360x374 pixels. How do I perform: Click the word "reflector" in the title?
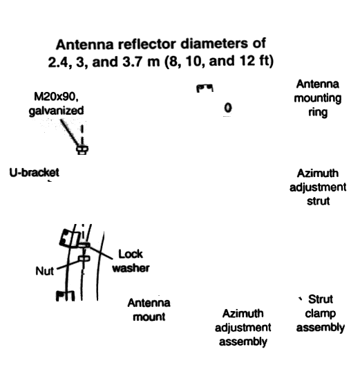(x=146, y=44)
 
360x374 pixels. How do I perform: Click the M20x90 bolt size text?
(x=56, y=97)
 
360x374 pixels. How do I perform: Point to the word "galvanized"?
(x=56, y=111)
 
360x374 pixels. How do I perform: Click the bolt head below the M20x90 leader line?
(x=82, y=150)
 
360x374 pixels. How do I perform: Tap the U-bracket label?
(x=34, y=173)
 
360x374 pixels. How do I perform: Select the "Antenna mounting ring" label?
(x=318, y=98)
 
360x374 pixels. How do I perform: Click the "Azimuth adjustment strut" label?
(x=318, y=187)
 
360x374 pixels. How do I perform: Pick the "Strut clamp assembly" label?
(x=321, y=313)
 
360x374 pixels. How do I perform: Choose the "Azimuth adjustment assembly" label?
(x=243, y=328)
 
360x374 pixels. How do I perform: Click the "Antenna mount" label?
(x=149, y=310)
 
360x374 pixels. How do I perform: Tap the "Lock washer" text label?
(x=131, y=261)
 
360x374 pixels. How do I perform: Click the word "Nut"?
(x=45, y=271)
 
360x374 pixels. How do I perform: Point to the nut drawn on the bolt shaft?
(x=84, y=259)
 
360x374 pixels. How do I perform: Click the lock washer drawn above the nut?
(x=84, y=245)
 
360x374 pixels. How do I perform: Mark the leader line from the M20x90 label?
(x=69, y=133)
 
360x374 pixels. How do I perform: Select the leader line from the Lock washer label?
(x=101, y=252)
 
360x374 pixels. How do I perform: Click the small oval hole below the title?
(x=228, y=108)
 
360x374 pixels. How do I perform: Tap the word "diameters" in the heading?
(x=214, y=44)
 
